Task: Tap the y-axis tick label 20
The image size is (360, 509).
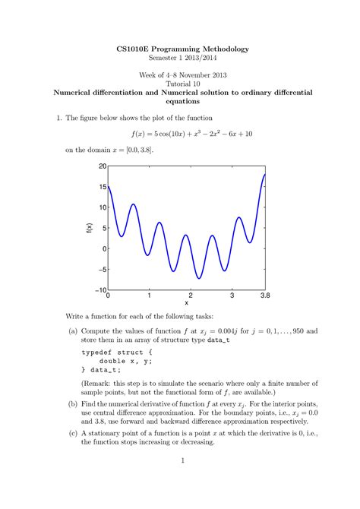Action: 103,166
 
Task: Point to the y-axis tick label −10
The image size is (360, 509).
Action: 100,290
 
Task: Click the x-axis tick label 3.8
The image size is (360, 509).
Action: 265,296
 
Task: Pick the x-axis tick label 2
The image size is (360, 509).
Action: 191,296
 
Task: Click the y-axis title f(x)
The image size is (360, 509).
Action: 88,228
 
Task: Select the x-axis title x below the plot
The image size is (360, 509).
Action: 187,303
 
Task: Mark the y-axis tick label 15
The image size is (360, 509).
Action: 103,187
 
